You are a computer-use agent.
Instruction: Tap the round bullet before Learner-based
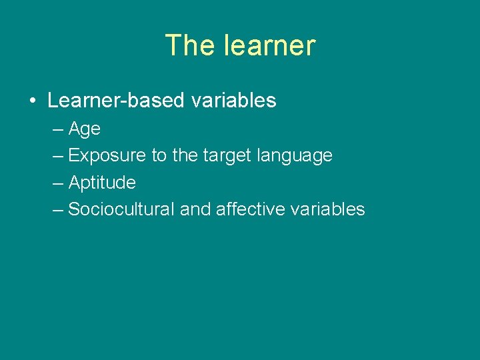tap(32, 101)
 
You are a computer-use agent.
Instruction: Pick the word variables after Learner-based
tap(233, 101)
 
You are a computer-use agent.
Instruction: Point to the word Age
tap(84, 129)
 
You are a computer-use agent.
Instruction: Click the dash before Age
tap(57, 129)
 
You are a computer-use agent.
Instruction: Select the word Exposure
tap(107, 156)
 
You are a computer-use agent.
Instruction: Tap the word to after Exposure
tap(159, 156)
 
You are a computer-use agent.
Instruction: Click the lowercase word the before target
tap(185, 156)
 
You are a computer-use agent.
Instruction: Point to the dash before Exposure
tap(57, 156)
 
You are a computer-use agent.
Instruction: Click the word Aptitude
tap(102, 183)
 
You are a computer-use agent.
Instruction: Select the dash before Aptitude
tap(57, 183)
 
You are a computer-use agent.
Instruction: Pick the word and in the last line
tap(195, 209)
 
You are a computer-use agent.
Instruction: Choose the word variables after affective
tap(328, 209)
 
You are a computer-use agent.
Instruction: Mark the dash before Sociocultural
tap(57, 209)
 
